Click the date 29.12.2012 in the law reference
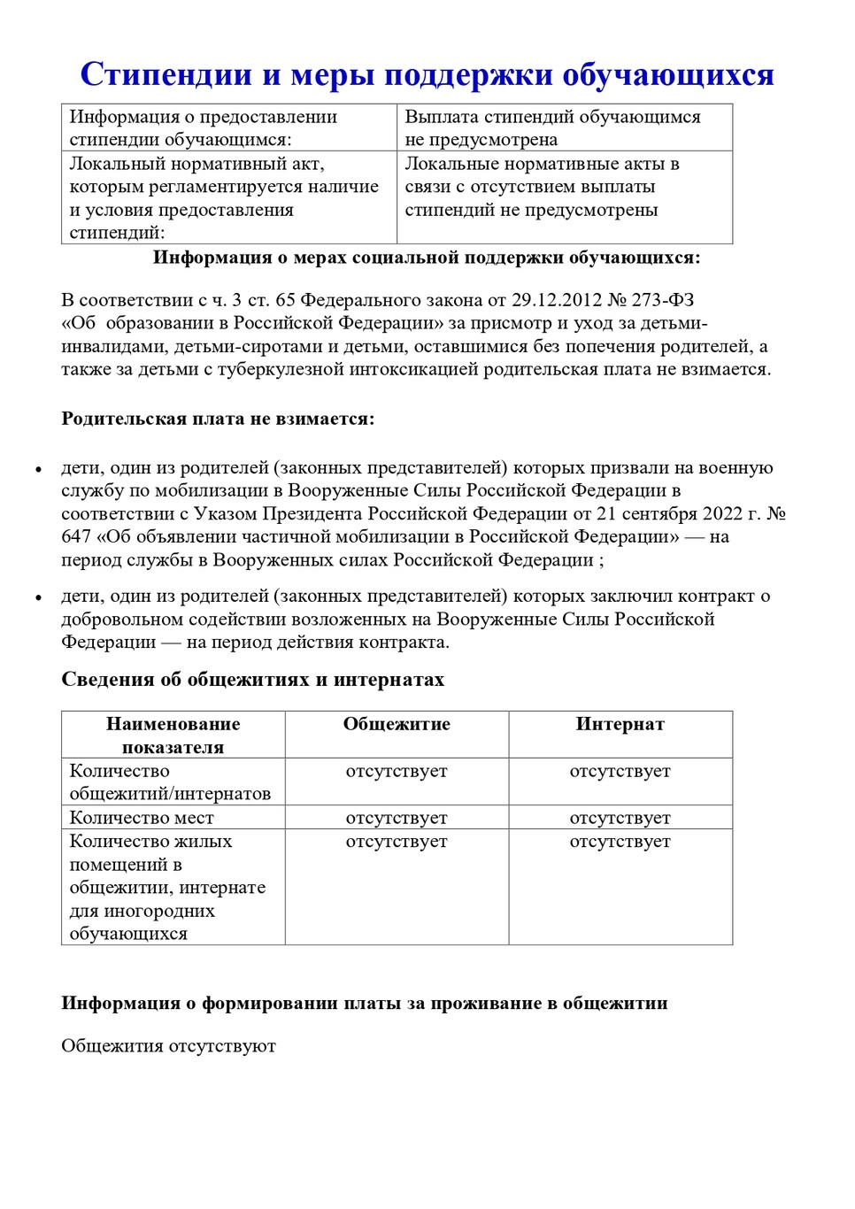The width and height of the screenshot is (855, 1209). point(556,300)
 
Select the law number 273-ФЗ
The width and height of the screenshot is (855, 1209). point(663,300)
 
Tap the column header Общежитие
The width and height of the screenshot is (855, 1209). point(397,724)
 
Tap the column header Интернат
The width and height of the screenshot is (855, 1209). point(620,724)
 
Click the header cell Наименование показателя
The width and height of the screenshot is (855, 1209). point(173,735)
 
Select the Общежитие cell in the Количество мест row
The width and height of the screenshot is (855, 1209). point(397,818)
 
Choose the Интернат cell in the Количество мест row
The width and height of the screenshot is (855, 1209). point(620,818)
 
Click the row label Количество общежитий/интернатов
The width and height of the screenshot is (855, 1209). point(170,782)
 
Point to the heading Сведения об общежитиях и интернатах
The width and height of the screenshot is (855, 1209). point(252,680)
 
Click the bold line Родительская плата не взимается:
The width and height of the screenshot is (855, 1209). point(218,419)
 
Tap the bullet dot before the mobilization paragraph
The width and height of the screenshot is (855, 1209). point(38,470)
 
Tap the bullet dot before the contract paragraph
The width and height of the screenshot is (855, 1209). point(38,598)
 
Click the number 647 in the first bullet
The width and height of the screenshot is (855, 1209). point(76,536)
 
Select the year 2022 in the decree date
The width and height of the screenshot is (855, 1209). point(723,513)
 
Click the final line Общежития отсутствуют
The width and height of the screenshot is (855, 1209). point(168,1046)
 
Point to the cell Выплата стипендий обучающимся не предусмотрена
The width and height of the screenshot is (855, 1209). point(552,127)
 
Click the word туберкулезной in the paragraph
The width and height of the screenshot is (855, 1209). point(284,369)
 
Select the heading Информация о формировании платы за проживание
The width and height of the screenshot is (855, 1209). point(364,1003)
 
